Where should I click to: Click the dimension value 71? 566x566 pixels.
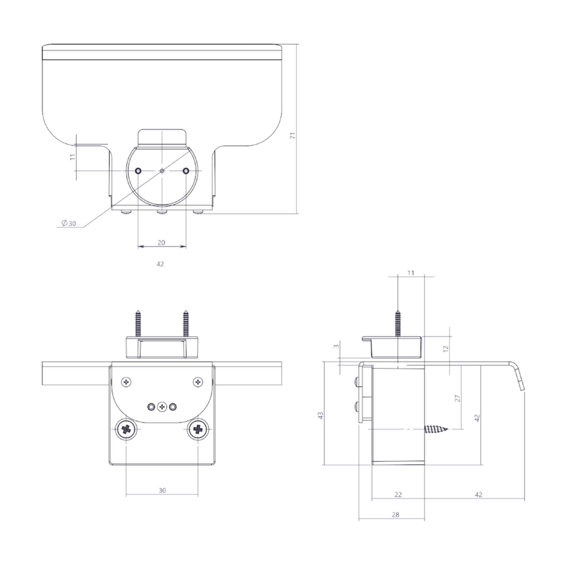coord(293,135)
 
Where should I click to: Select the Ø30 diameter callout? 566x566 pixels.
coord(69,223)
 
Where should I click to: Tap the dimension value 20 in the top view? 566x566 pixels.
coord(161,243)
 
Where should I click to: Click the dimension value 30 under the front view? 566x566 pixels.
coord(162,490)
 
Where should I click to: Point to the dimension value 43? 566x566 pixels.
coord(321,415)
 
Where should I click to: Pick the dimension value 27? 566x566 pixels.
coord(458,398)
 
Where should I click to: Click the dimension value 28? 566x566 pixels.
coord(395,514)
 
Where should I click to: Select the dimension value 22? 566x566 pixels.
coord(398,494)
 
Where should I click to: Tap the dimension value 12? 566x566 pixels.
coord(446,348)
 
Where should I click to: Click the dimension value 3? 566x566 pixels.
coord(337,346)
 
